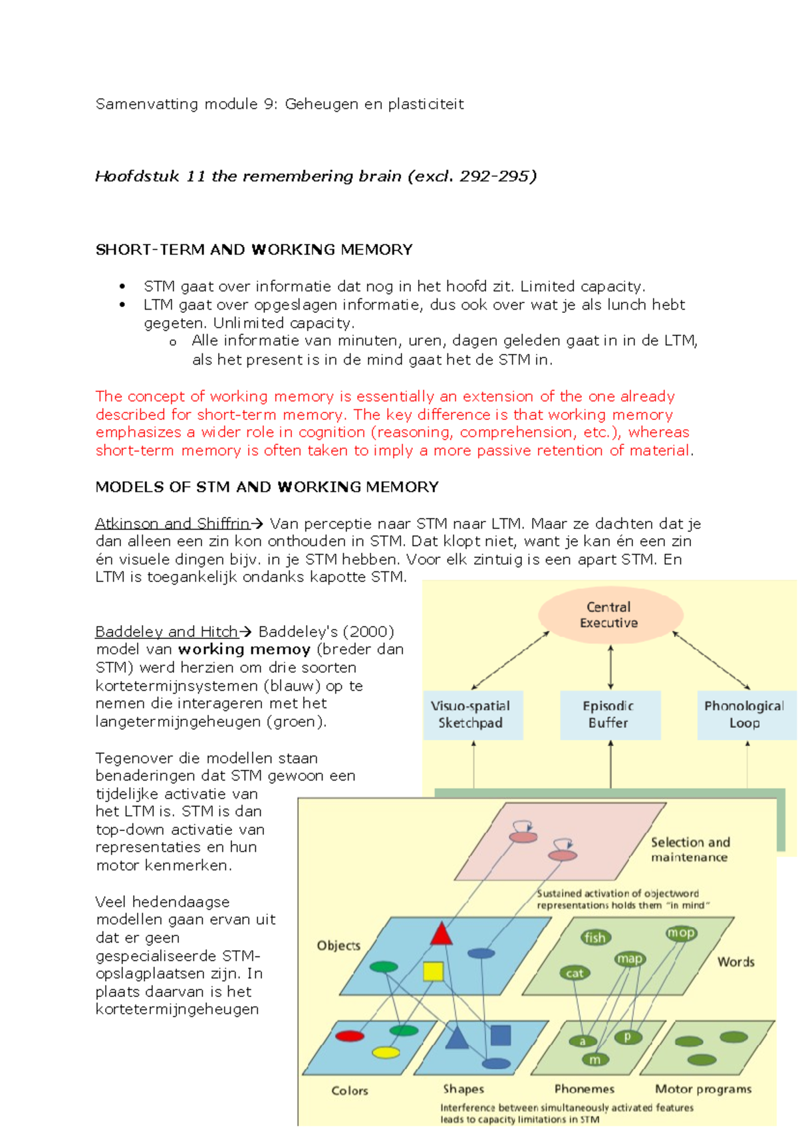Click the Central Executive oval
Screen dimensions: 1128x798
pos(610,614)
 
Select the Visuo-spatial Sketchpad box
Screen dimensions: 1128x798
pos(473,715)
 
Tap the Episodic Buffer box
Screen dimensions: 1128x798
pos(610,715)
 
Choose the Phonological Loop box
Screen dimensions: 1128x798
pos(745,715)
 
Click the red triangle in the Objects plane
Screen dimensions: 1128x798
pos(441,934)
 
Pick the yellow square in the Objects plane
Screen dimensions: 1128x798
pos(433,971)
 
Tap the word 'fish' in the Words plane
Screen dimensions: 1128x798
pos(595,937)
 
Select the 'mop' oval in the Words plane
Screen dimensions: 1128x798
pos(681,933)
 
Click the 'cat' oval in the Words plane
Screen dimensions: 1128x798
pos(575,973)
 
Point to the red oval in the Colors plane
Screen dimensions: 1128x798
pos(350,1036)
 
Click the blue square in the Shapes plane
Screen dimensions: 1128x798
pos(500,1035)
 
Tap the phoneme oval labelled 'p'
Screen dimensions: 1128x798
pos(627,1037)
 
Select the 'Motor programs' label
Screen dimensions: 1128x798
pos(703,1089)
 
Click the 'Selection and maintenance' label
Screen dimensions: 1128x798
pos(690,850)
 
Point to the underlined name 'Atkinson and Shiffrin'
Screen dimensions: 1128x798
pos(172,523)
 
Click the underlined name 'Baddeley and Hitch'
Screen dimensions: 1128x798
pos(166,632)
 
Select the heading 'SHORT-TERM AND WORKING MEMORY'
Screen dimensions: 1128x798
pos(254,250)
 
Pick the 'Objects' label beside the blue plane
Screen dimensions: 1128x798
pos(338,945)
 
